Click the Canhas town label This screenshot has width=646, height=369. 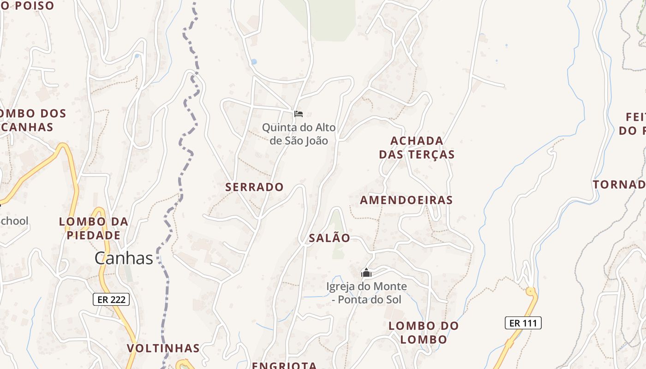coord(124,258)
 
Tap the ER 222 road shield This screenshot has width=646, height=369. coord(111,299)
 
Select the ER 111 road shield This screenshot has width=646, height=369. coord(523,323)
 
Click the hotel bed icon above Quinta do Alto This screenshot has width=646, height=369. coord(299,113)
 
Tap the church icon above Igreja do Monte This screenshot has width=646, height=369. coord(366,273)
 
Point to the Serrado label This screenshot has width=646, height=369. coord(254,187)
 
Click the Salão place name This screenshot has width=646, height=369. coord(329,238)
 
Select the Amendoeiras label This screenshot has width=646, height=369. coord(406,200)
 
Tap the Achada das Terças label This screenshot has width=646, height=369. coord(417,147)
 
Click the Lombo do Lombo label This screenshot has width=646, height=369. coord(424,332)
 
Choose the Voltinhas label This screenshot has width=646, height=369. coord(163,348)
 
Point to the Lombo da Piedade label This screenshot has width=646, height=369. coord(94,228)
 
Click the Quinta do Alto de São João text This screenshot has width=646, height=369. coord(299,134)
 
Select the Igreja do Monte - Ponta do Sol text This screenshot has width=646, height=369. coord(366,293)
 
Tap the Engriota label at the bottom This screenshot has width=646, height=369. coord(284,365)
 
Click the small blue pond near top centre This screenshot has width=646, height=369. coord(253,61)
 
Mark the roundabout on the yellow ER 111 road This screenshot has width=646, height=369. coord(531,292)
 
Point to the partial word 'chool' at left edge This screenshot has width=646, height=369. coord(14,221)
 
